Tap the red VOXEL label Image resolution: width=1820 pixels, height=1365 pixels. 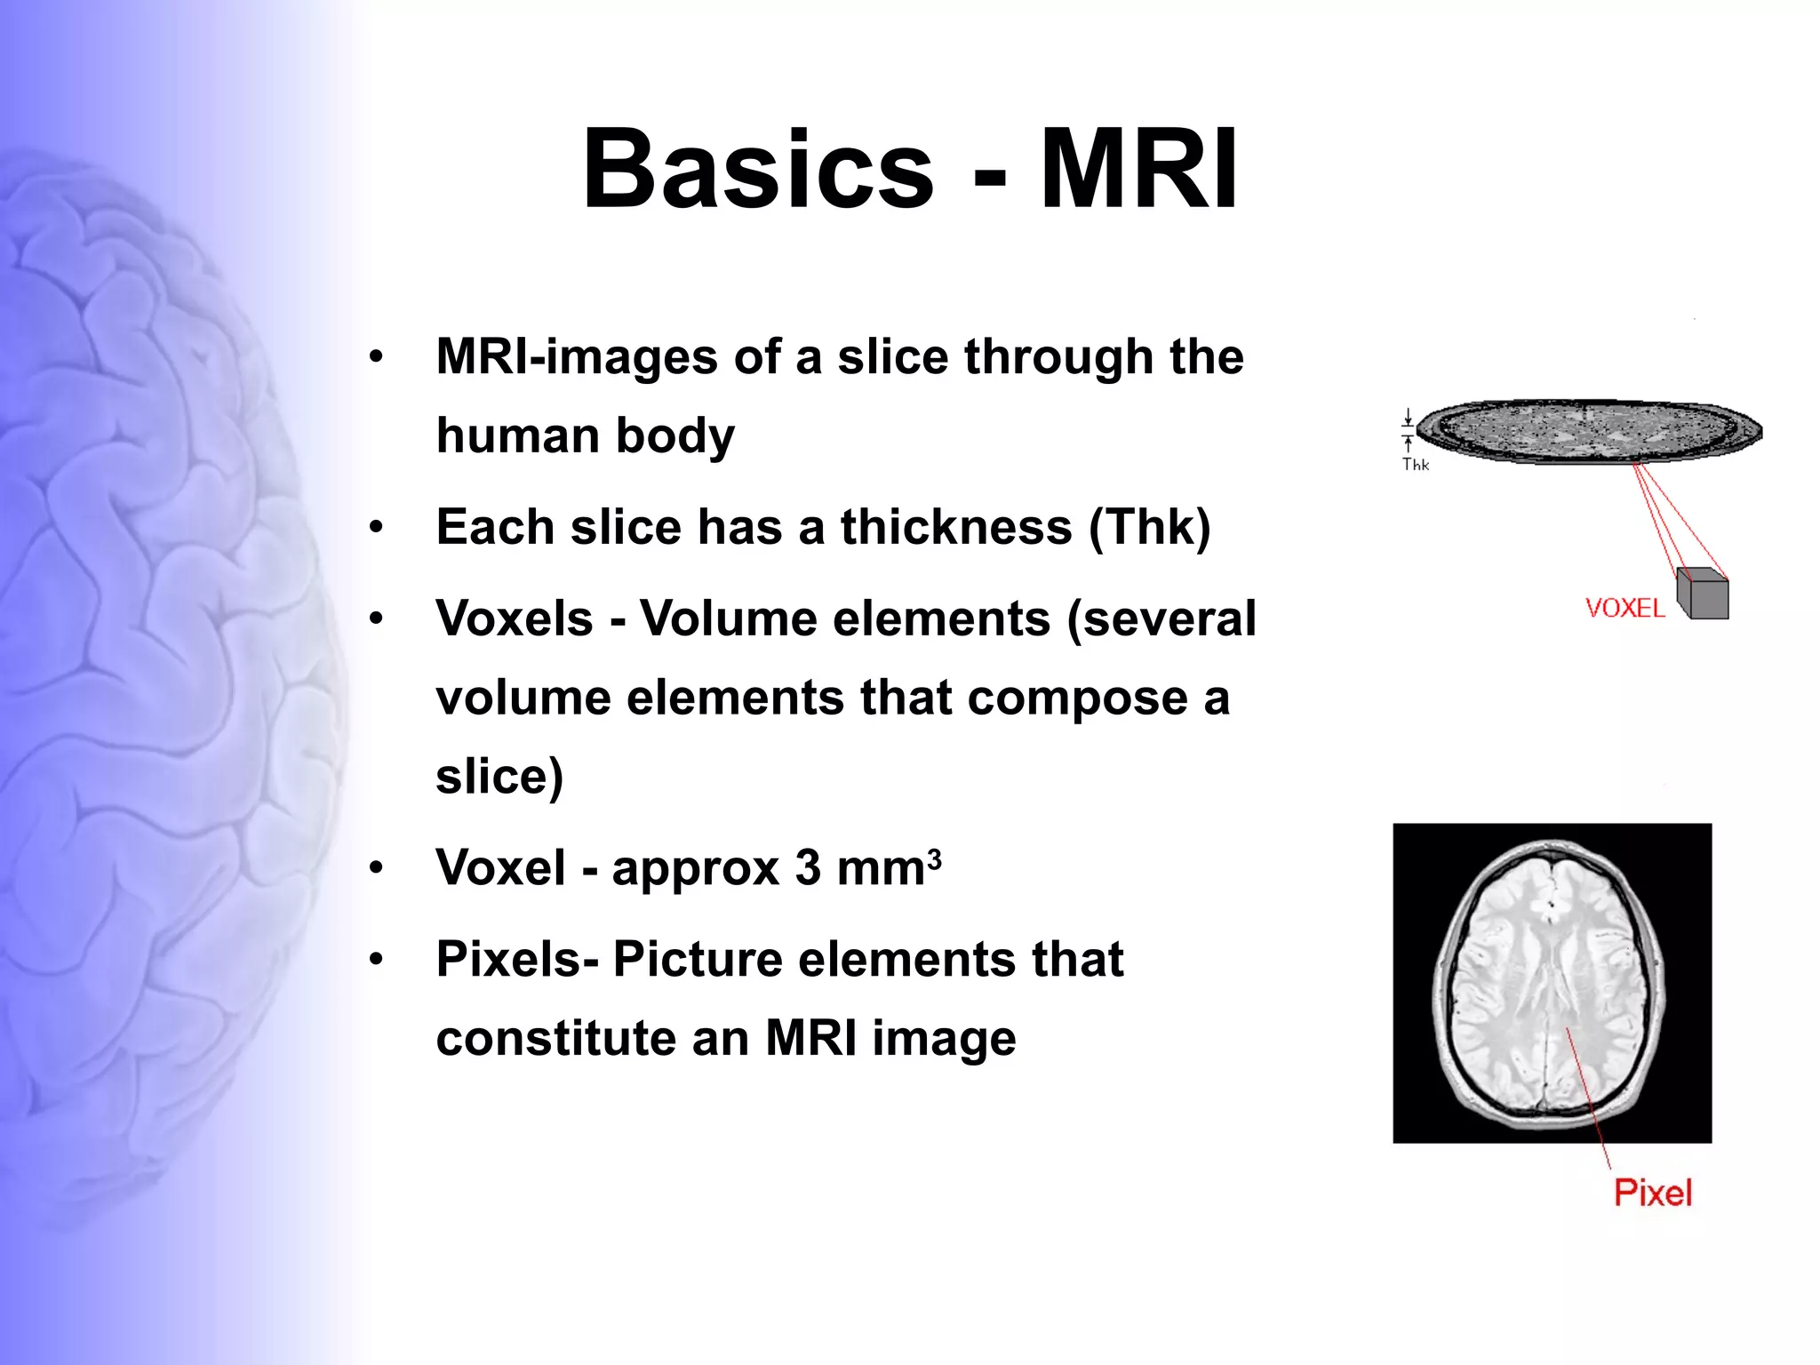(x=1624, y=609)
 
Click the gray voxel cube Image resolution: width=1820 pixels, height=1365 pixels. (x=1704, y=595)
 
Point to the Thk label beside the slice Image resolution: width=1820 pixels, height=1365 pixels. (x=1415, y=465)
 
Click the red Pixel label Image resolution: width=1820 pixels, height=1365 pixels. (x=1653, y=1193)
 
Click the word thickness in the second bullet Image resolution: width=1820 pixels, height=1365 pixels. (x=956, y=527)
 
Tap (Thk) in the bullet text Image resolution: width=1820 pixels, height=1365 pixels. (x=1150, y=527)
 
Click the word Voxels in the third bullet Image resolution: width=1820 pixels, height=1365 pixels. (x=515, y=619)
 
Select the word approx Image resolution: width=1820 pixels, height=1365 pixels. (x=695, y=868)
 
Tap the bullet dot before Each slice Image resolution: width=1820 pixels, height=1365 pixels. (x=377, y=528)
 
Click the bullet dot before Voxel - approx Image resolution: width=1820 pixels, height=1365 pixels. (x=377, y=867)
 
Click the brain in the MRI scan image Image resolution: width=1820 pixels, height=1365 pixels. (x=1550, y=982)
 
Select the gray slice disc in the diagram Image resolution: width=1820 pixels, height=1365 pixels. (x=1588, y=431)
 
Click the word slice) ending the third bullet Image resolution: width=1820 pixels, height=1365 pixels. (x=499, y=777)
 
